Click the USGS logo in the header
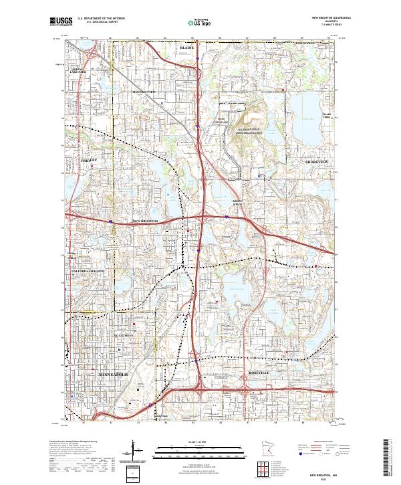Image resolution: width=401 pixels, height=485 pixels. coord(61,21)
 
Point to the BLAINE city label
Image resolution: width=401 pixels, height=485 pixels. coord(187,49)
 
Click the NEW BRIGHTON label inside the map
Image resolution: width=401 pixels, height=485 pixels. coord(146,220)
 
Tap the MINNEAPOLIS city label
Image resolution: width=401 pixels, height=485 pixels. coord(114,375)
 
